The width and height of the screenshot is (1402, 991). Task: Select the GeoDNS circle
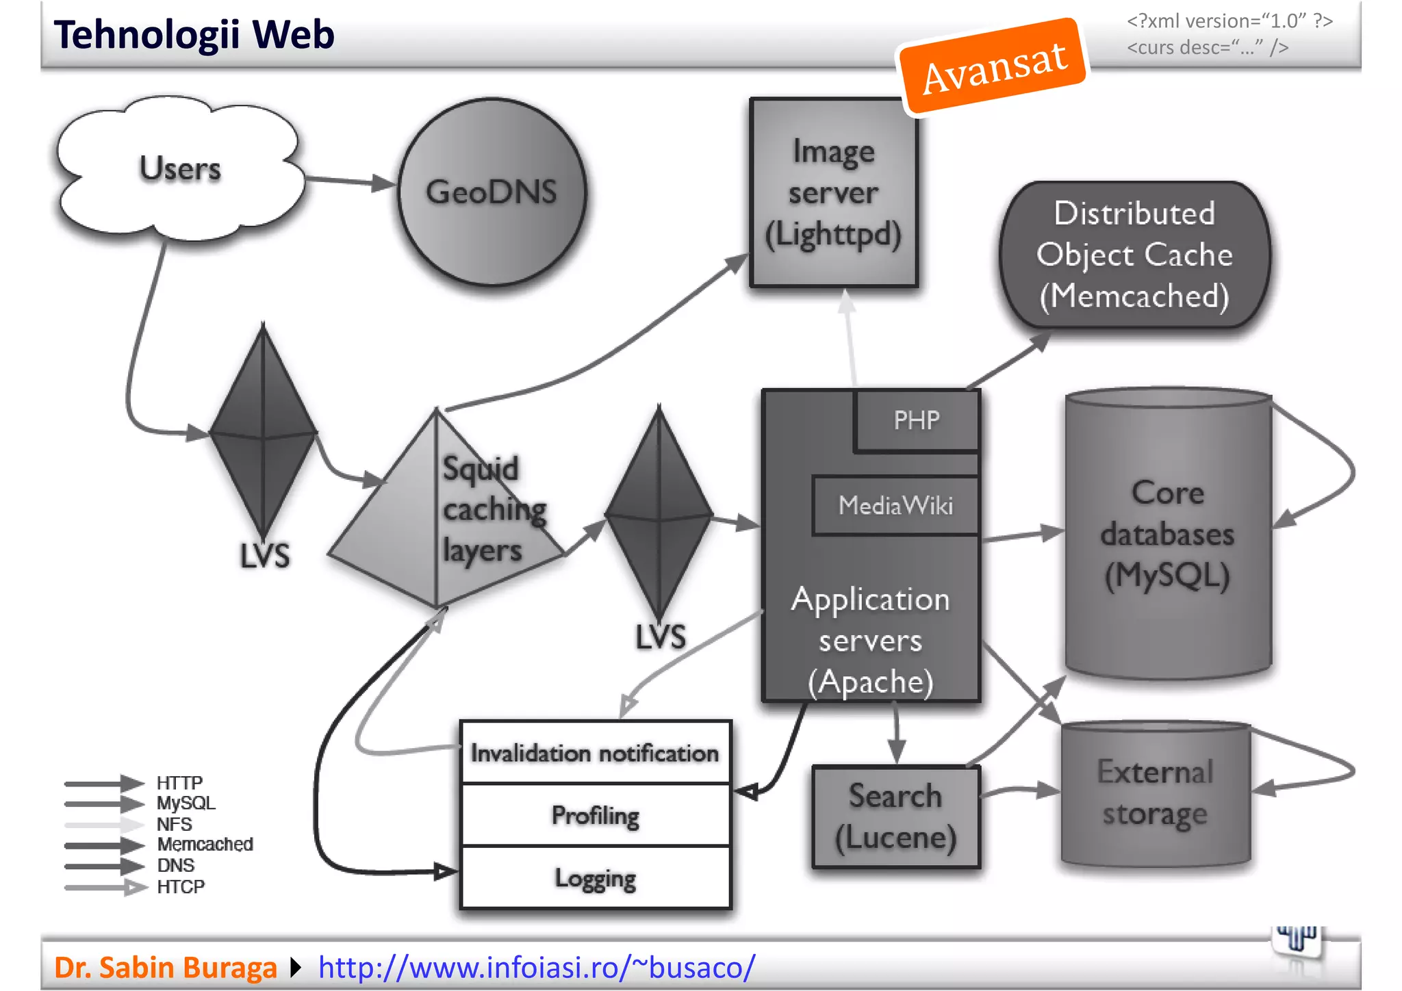coord(492,192)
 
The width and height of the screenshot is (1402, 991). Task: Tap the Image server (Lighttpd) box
coord(833,193)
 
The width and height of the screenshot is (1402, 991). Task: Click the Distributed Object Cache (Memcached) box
coord(1134,255)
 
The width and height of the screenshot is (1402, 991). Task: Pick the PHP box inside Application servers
coord(916,420)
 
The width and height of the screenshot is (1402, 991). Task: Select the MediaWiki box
coord(895,506)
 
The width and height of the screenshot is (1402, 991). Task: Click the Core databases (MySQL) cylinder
coord(1167,534)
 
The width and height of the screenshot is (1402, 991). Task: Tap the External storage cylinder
coord(1156,794)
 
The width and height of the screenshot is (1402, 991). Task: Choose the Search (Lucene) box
coord(895,816)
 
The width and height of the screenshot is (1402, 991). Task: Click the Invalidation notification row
coord(595,754)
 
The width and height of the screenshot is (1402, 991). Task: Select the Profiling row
coord(595,815)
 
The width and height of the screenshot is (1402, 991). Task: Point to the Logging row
coord(595,878)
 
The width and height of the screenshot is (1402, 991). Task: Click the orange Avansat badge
coord(993,66)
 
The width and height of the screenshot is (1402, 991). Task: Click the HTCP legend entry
coord(180,887)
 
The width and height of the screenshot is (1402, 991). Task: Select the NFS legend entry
coord(174,824)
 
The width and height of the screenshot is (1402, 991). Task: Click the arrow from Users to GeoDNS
coord(349,181)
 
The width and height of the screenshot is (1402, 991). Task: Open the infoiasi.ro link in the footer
coord(536,967)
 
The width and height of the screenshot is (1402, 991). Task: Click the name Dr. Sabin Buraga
coord(165,967)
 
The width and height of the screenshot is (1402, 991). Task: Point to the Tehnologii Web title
coord(194,35)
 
